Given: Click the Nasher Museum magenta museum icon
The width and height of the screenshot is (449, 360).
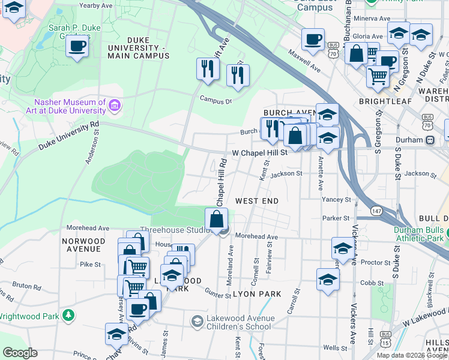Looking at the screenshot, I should pos(115,106).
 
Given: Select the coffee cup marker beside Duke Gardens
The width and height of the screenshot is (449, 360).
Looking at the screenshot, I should pos(77,46).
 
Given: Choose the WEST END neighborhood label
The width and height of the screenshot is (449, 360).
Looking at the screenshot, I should pos(257,200).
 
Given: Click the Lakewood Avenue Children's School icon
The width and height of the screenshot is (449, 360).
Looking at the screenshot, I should pos(197,322).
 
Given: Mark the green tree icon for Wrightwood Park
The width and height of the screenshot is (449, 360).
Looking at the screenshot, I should pos(69,315).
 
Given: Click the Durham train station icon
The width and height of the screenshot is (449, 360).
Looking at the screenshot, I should pos(430,140).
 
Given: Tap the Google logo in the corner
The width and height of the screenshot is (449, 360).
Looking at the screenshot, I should pos(20,353).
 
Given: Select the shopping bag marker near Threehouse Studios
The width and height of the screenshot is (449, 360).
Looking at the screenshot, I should pos(217,219).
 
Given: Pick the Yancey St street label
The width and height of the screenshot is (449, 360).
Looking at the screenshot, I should pos(336,199).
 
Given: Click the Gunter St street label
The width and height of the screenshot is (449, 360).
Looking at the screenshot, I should pos(217,295).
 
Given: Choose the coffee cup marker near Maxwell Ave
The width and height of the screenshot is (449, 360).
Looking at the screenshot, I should pos(313,40).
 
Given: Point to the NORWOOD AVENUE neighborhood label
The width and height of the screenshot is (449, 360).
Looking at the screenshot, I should pos(83,245).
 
